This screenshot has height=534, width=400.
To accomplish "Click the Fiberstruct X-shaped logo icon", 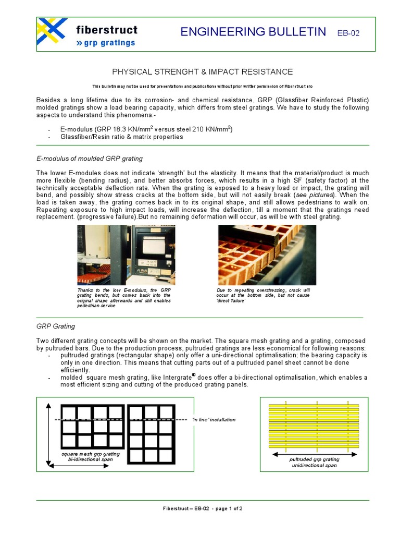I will (52, 32).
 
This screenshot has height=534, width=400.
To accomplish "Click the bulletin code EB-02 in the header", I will (348, 33).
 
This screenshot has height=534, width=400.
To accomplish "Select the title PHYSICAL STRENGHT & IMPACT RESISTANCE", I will (203, 71).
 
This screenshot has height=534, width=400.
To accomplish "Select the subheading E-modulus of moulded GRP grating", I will (90, 159).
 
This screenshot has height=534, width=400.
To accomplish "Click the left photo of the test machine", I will (126, 254).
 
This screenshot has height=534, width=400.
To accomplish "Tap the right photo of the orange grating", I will (267, 254).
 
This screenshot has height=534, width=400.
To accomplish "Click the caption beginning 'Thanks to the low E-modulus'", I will (124, 298).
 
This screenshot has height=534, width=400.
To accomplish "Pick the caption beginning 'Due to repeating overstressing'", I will (263, 295).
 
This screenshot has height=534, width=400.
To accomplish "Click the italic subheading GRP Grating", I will (56, 326).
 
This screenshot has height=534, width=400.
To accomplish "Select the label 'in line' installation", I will (214, 419).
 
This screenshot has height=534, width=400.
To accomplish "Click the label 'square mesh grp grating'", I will (91, 454).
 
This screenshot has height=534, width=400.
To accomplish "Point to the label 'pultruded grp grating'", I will (314, 459).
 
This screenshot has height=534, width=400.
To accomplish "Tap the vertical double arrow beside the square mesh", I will (48, 433).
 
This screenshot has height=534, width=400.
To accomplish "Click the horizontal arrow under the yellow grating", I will (314, 454).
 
